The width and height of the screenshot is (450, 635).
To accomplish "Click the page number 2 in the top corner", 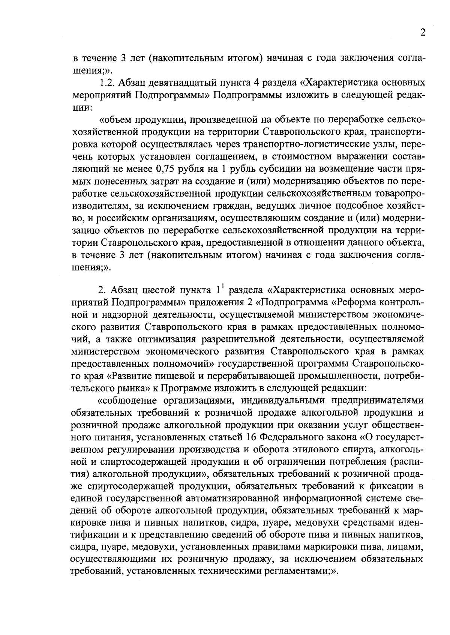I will point(423,33).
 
